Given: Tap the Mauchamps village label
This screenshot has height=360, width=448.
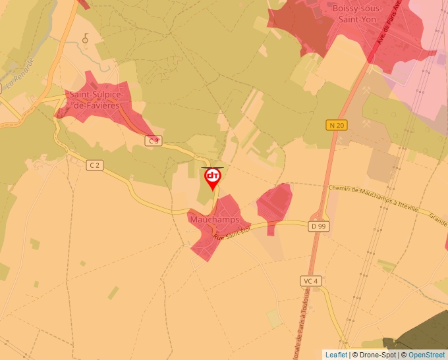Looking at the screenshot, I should coord(214,219).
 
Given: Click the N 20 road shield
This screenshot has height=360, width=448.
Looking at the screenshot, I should coord(337,125).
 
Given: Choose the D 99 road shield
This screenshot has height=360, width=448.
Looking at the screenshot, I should coord(318,226).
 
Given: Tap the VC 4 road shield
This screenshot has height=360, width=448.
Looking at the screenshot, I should coord(310,281).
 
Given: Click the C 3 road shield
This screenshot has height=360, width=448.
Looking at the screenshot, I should coord(154,140).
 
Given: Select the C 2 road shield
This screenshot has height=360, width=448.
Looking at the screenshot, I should coord(95,165).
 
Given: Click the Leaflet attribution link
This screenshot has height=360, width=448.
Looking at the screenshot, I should coord(336,355).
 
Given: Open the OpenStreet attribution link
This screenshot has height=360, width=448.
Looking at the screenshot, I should coord(427,355).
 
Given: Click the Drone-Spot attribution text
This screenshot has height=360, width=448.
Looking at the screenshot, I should coord(378,355).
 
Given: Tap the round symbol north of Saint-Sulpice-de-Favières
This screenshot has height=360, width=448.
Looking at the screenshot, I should coord(85,39).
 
